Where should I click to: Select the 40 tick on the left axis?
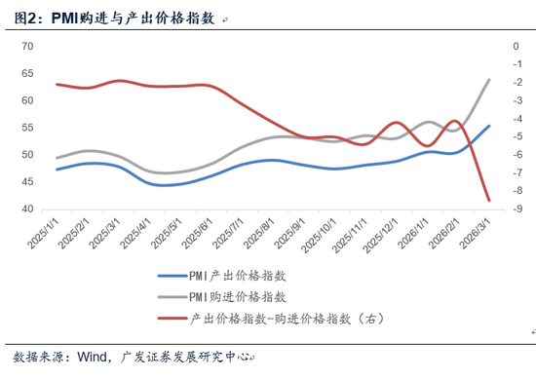click(x=28, y=209)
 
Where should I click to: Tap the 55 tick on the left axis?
click(x=28, y=128)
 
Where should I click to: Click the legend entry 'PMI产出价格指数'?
click(x=238, y=276)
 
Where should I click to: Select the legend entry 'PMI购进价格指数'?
click(x=238, y=296)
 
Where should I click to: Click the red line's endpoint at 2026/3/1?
click(x=489, y=201)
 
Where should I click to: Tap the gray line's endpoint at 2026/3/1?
click(x=489, y=80)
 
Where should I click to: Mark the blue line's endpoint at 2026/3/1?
click(x=489, y=126)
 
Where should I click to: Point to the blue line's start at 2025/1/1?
click(x=57, y=170)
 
